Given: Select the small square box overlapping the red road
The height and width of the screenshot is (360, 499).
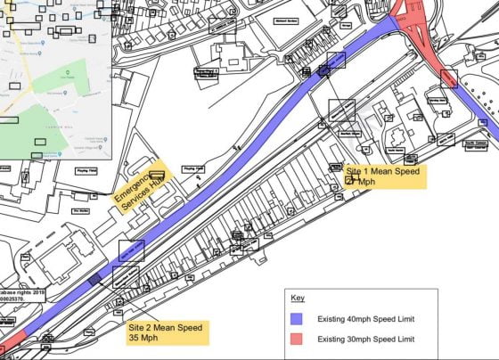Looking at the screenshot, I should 448,78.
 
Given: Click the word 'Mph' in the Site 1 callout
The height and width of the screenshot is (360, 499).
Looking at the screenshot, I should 367,181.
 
